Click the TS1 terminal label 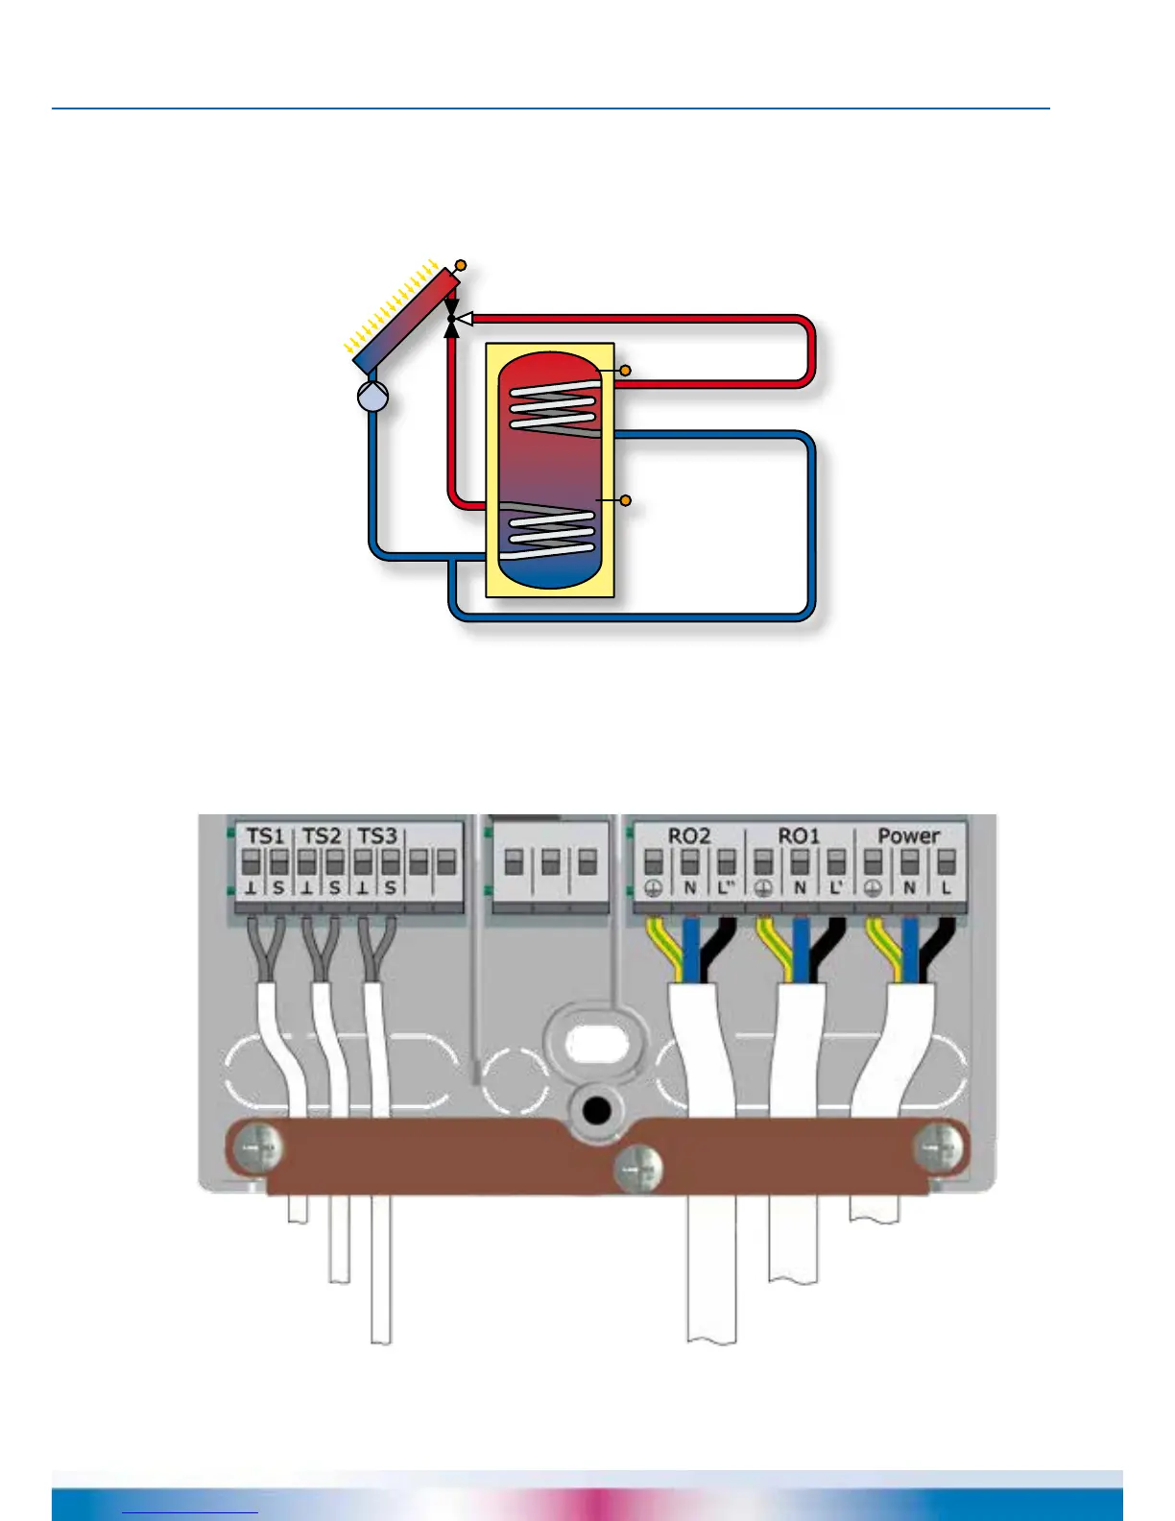pos(265,836)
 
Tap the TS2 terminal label pos(322,836)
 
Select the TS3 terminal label pos(377,836)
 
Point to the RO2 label pos(688,836)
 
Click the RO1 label pos(799,836)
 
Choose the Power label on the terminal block pos(908,836)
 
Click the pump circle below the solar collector pos(372,396)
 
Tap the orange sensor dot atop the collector pos(461,265)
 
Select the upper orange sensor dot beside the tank pos(625,371)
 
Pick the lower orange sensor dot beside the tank pos(625,500)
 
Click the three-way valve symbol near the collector pos(453,318)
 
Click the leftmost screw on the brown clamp pos(259,1147)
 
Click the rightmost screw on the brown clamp pos(938,1145)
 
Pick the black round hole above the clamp pos(597,1112)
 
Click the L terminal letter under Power pos(946,888)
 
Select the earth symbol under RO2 pos(653,888)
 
